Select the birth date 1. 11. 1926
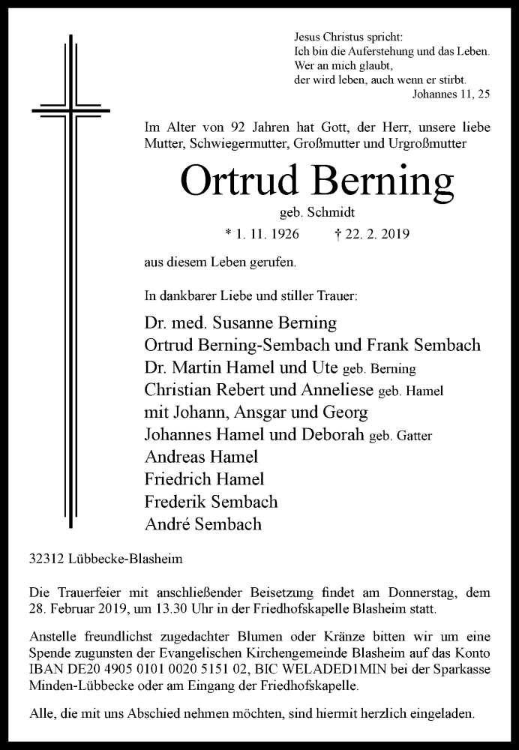tap(262, 235)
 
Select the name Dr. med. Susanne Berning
tap(240, 324)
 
